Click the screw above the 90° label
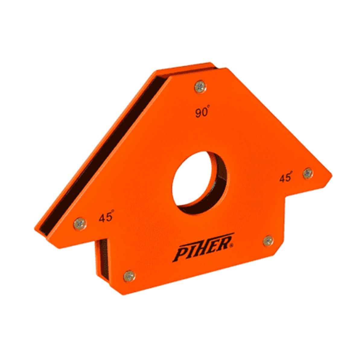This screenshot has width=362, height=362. [x=200, y=87]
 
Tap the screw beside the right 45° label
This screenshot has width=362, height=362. [x=308, y=172]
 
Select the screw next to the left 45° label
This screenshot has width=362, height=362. [x=80, y=224]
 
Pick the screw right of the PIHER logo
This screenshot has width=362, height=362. [x=268, y=241]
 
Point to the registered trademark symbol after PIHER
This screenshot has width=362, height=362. [x=232, y=245]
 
